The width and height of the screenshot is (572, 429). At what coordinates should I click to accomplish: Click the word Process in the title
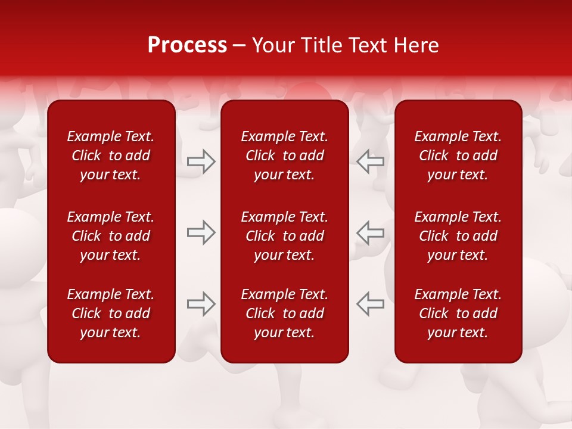pos(187,45)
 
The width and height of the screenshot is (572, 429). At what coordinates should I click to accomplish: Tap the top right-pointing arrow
pos(201,161)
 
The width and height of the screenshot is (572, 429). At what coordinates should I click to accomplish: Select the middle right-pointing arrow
pos(201,232)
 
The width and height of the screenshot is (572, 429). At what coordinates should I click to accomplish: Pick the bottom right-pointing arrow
pos(201,304)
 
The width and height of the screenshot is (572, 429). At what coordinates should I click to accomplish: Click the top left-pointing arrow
pos(371,161)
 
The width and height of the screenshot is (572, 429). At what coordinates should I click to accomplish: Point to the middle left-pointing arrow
pos(371,232)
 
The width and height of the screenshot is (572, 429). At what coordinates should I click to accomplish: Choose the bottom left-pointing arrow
pos(371,304)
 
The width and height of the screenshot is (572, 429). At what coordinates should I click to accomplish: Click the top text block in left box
pos(111,156)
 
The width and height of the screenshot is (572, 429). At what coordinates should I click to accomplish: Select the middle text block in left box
pos(111,236)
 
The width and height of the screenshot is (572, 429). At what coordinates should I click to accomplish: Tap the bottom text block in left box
pos(111,313)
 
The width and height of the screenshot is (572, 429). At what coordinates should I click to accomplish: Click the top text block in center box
pos(284,156)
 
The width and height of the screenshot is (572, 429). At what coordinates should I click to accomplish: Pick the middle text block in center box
pos(284,236)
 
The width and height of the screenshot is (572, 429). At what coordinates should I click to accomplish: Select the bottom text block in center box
pos(284,313)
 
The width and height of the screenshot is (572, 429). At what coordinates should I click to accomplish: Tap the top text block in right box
pos(458,156)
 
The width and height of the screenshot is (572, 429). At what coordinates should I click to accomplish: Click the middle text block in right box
pos(458,236)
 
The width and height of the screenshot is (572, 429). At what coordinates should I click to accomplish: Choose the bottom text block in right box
pos(458,313)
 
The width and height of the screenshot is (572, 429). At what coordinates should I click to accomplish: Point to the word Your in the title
pos(272,45)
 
